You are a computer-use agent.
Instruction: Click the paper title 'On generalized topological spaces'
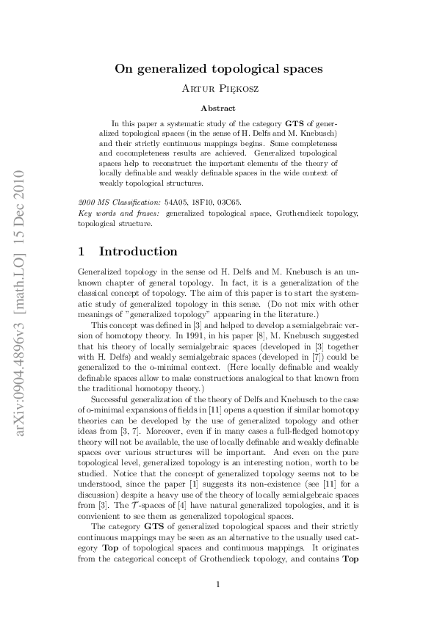[x=218, y=70]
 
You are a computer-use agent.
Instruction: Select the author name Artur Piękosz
[x=218, y=90]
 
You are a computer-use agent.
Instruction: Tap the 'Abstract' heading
[x=218, y=108]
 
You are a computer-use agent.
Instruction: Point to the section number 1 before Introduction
[x=82, y=252]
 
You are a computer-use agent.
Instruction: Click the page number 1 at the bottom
[x=218, y=584]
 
